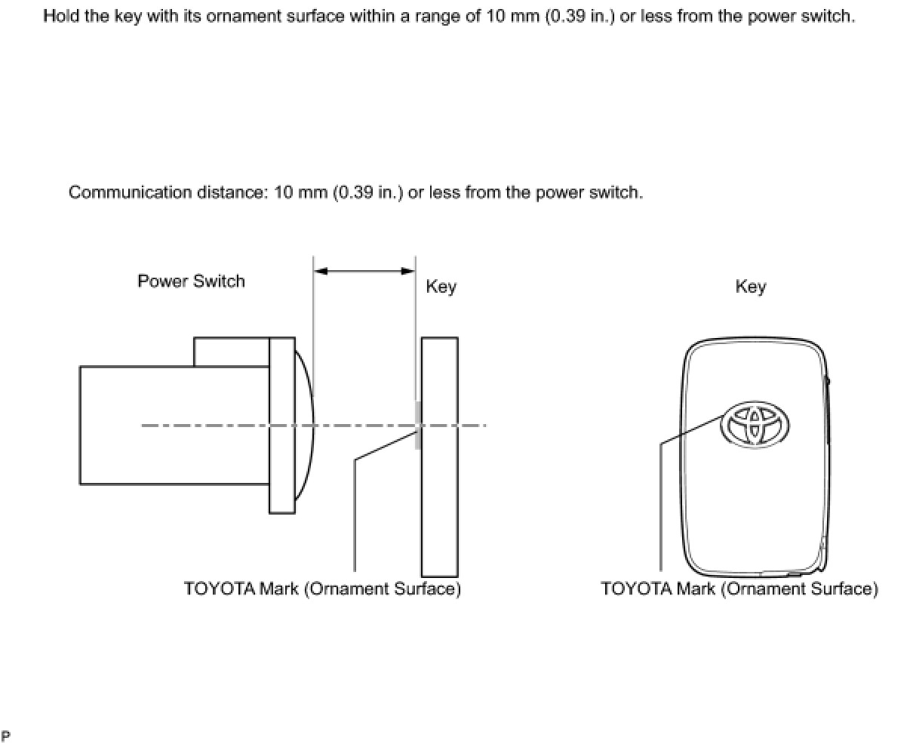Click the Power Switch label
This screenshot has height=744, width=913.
[x=191, y=281]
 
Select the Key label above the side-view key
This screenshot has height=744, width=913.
[x=441, y=287]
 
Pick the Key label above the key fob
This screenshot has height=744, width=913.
[x=750, y=287]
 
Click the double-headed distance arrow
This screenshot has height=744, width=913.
[x=364, y=271]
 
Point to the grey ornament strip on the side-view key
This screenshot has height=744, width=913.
[x=417, y=425]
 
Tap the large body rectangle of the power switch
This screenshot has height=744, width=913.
[x=174, y=453]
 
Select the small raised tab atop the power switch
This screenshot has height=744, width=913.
[x=231, y=352]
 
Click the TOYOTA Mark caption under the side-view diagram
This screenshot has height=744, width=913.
[x=322, y=589]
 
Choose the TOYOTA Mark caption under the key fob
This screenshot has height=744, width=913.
[x=739, y=589]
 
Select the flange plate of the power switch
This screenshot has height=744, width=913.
[x=281, y=468]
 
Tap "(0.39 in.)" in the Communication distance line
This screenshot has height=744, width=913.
[x=367, y=192]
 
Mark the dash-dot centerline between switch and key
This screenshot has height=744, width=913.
[x=362, y=425]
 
